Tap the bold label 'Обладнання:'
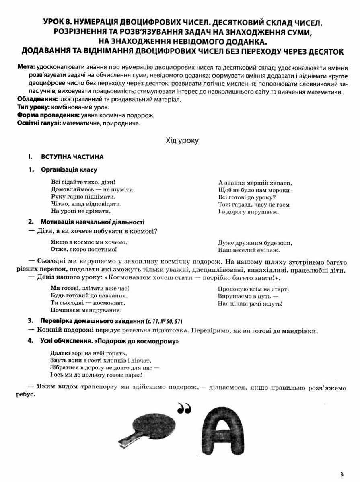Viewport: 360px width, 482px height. (37, 99)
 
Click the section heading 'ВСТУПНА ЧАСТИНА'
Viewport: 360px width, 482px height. (72, 157)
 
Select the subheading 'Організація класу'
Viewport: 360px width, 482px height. (69, 170)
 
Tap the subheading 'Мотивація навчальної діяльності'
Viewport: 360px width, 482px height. (92, 222)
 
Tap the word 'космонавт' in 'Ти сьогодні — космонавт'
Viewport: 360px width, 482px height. (106, 303)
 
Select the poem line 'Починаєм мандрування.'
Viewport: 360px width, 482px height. (81, 310)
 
